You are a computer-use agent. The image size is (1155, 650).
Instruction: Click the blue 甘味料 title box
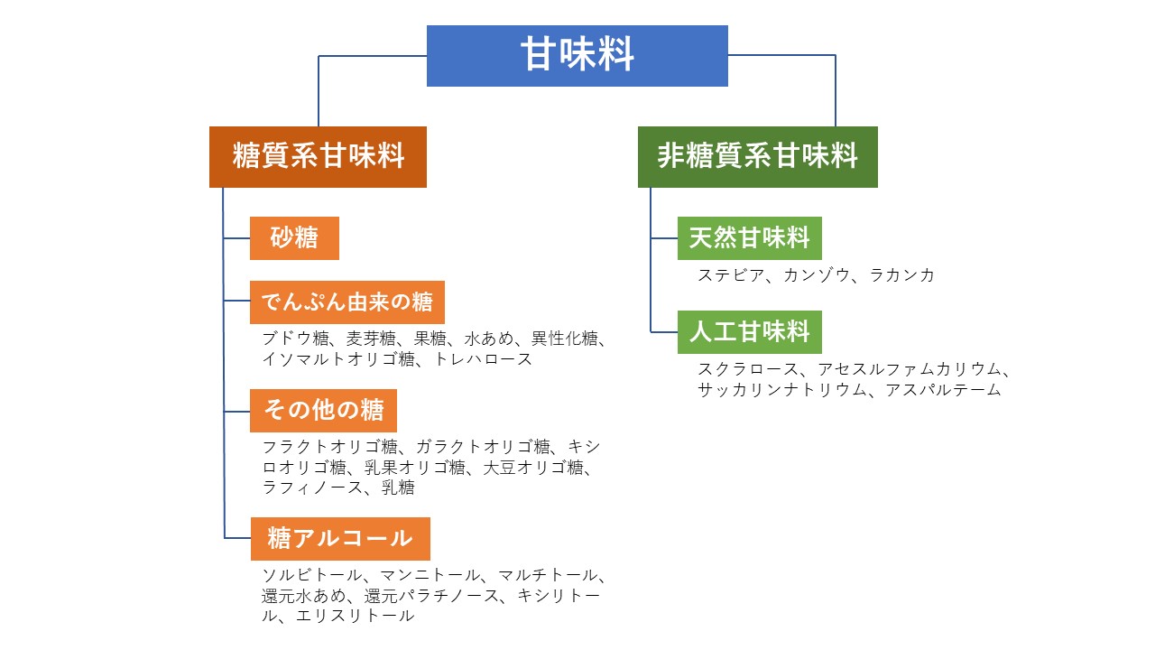pyautogui.click(x=577, y=55)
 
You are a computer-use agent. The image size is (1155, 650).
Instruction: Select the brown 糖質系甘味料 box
pyautogui.click(x=318, y=156)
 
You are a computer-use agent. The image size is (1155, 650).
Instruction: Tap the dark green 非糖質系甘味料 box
pyautogui.click(x=757, y=156)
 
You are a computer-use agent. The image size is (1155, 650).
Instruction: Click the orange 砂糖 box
pyautogui.click(x=294, y=237)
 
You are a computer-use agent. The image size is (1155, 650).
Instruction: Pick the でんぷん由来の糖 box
pyautogui.click(x=346, y=302)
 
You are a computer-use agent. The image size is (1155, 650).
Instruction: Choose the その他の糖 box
pyautogui.click(x=323, y=410)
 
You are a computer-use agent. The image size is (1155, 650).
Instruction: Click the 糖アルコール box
pyautogui.click(x=339, y=538)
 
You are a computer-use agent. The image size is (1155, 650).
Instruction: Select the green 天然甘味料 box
pyautogui.click(x=749, y=237)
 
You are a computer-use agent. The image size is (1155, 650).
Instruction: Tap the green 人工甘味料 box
pyautogui.click(x=749, y=331)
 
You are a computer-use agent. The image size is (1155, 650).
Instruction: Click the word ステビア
pyautogui.click(x=729, y=275)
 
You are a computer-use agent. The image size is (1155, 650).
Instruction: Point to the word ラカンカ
pyautogui.click(x=901, y=275)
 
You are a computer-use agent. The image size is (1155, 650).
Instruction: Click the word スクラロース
pyautogui.click(x=748, y=369)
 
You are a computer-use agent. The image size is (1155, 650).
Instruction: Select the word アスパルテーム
pyautogui.click(x=943, y=390)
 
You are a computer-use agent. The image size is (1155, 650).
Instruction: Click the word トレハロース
pyautogui.click(x=483, y=359)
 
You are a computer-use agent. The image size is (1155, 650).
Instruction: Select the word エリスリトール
pyautogui.click(x=355, y=616)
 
